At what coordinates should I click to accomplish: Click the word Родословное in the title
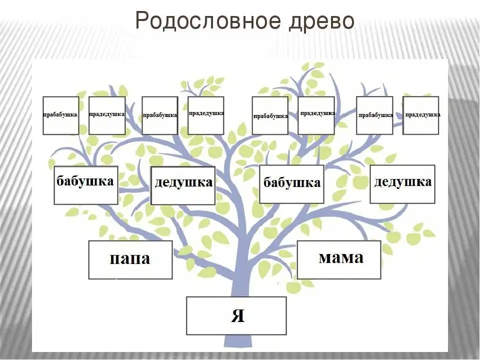point(208,21)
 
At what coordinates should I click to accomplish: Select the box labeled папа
point(130,259)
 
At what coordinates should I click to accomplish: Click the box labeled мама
point(339,259)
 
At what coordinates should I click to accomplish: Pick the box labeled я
point(236,315)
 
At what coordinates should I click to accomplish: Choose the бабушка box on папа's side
point(86,185)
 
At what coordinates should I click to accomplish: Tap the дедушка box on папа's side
point(183,185)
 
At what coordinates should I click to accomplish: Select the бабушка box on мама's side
point(291,184)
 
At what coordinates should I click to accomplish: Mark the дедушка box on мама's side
point(402,184)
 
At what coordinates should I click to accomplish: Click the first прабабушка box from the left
point(61,115)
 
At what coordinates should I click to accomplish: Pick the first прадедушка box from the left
point(107,115)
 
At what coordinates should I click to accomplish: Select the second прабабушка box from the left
point(160,115)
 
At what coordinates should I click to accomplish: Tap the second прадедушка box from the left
point(205,115)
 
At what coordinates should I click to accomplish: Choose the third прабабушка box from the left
point(270,115)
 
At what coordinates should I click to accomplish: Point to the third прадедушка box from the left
point(316,115)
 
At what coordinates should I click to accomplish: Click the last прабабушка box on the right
point(374,115)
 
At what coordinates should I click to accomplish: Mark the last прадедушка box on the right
point(420,115)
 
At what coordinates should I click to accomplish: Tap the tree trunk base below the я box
point(238,341)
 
